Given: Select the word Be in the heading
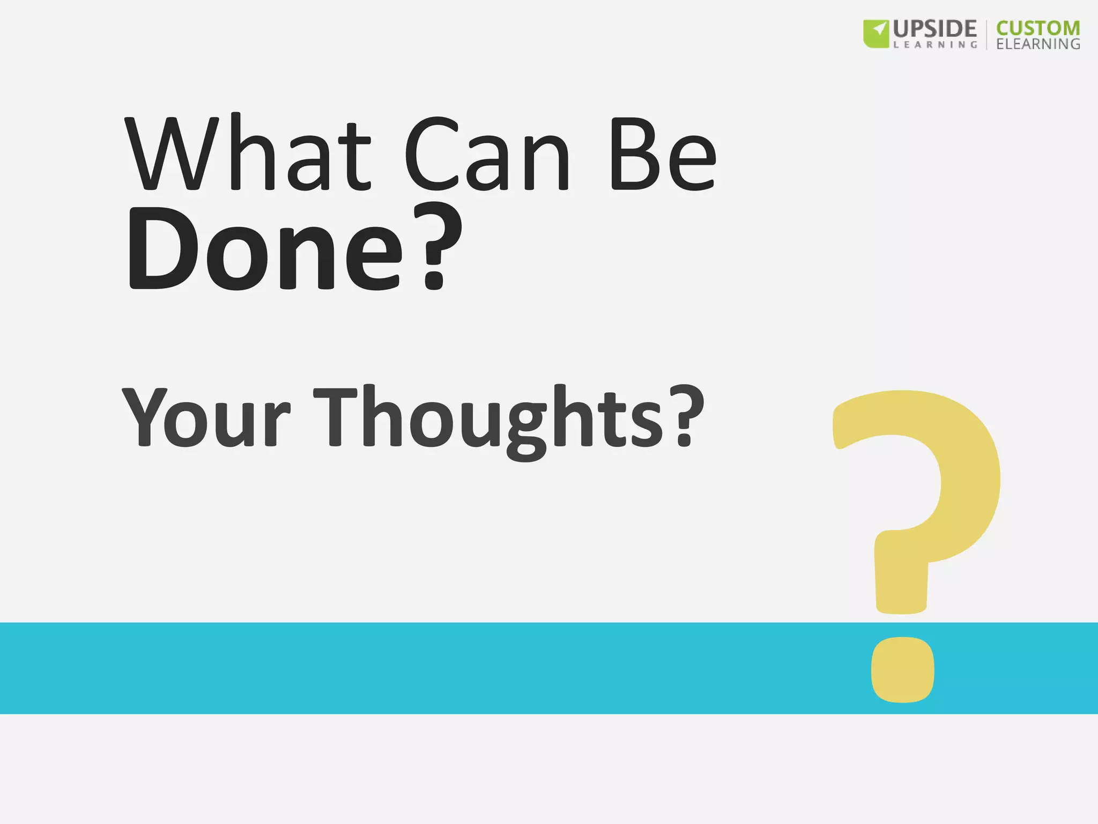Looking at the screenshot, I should [663, 154].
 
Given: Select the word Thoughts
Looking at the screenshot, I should [488, 418].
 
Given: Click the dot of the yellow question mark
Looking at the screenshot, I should [902, 669].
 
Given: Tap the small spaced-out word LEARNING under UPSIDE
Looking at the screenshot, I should [935, 45].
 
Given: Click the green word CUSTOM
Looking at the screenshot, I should [1038, 28].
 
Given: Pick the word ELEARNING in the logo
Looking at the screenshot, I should [1038, 44].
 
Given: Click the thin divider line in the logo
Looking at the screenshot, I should [986, 35].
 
